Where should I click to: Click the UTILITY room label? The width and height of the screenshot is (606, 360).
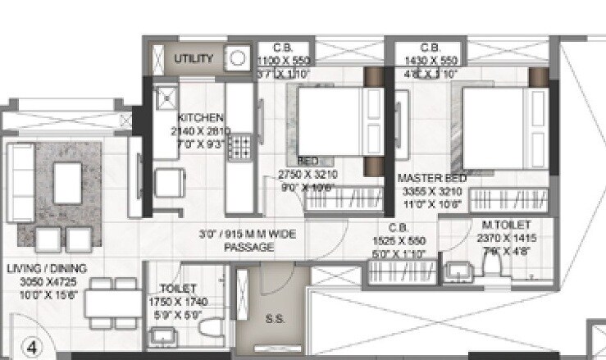coord(194,59)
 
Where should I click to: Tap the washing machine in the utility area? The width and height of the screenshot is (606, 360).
coord(237,59)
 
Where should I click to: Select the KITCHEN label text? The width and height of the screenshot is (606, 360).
coord(200,118)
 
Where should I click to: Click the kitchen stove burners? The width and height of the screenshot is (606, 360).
coord(240,148)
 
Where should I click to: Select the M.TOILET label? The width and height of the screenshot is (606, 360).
coord(505,225)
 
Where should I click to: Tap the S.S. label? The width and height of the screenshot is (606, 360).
coord(276,319)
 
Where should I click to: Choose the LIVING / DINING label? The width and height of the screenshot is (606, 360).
coord(47,268)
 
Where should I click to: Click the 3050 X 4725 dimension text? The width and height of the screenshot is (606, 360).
coord(47,280)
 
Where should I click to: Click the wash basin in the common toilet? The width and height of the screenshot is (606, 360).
coord(162,335)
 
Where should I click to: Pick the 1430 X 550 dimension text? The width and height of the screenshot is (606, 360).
coord(431,61)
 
